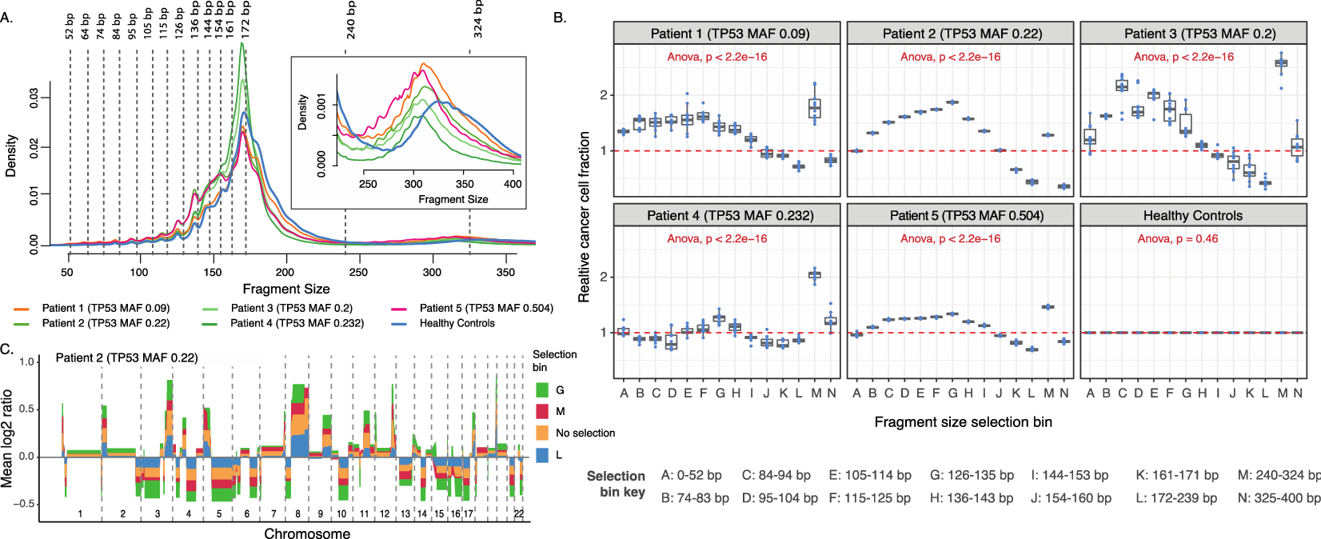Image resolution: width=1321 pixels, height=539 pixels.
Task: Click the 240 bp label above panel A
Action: [351, 20]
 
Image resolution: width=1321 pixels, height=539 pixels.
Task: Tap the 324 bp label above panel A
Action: [477, 19]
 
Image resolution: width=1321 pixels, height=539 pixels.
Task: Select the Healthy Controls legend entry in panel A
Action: [457, 323]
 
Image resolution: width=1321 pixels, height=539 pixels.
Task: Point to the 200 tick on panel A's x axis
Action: [285, 272]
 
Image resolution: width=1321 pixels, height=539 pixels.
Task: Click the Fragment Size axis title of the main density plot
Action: [285, 289]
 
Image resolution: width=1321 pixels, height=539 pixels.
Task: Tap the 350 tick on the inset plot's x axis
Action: [465, 184]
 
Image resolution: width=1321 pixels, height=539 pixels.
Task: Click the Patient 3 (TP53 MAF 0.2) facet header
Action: [1192, 34]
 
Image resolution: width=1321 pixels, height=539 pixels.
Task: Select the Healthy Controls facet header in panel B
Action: [1192, 215]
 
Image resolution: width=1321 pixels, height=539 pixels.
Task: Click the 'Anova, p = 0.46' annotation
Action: [1178, 238]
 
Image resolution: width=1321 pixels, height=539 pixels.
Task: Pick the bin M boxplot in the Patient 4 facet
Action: [815, 275]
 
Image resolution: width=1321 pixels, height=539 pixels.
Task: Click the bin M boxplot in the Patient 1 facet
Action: [815, 108]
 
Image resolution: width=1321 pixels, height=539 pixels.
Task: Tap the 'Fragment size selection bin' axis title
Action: [963, 421]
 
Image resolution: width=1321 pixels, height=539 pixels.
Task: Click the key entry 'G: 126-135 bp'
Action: [972, 475]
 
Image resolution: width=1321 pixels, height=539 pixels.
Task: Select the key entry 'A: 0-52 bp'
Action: [691, 475]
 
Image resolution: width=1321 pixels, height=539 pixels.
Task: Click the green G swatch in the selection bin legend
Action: [542, 390]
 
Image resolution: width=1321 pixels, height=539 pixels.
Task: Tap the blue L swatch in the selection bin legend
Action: [542, 455]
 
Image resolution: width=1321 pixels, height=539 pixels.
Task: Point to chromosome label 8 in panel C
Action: [297, 513]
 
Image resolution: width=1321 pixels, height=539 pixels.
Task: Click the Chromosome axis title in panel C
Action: [307, 533]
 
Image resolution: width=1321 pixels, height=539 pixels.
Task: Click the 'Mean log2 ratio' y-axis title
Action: [8, 438]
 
